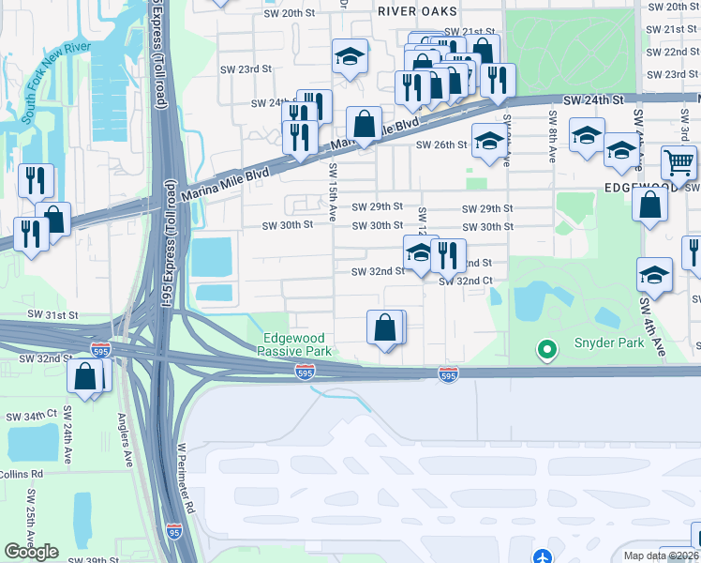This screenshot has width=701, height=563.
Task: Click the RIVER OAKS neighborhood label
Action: [417, 11]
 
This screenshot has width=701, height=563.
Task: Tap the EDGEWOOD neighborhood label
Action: [640, 188]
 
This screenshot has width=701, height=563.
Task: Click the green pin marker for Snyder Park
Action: [547, 350]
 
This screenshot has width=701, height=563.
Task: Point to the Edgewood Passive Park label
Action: [295, 344]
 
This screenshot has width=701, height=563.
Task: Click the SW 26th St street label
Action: [441, 145]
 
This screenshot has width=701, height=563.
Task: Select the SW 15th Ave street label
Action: [332, 192]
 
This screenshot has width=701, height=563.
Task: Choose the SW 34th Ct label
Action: [31, 415]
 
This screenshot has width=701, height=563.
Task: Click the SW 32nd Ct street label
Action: [467, 281]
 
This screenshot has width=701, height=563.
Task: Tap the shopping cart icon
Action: [679, 162]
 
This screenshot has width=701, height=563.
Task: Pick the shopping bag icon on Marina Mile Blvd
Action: [364, 123]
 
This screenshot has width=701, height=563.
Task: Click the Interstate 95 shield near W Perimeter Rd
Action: [173, 530]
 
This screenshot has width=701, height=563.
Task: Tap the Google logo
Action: [31, 552]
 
